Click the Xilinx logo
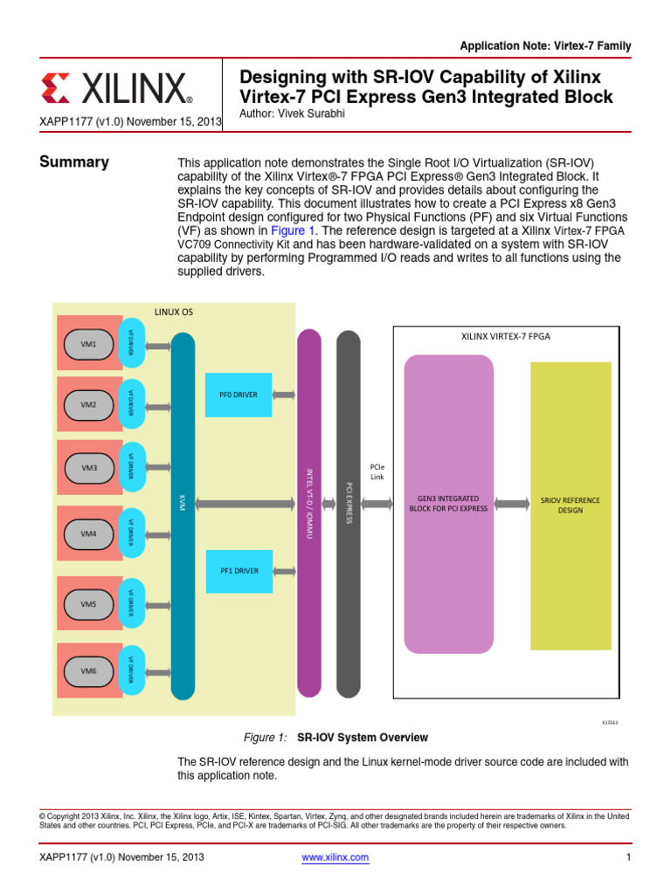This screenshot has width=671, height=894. tap(116, 89)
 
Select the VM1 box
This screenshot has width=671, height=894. tap(89, 344)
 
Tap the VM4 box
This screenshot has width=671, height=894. tap(89, 533)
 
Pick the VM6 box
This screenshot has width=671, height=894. tap(89, 670)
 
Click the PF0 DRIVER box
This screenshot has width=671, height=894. tap(239, 395)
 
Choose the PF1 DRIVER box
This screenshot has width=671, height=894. tap(239, 571)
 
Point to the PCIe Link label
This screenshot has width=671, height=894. tap(377, 472)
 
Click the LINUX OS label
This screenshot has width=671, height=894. tap(173, 312)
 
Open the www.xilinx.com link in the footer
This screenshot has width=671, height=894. tap(335, 857)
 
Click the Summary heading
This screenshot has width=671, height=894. tap(74, 162)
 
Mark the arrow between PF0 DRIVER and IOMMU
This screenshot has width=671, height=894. tap(284, 395)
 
